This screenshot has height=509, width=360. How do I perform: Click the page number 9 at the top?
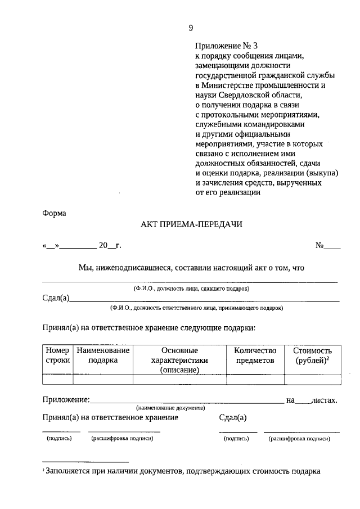[191, 28]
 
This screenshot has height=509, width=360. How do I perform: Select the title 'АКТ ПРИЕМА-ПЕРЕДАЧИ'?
[191, 224]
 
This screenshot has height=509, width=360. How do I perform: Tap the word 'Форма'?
[54, 213]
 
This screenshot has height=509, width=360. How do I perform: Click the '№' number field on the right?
[327, 245]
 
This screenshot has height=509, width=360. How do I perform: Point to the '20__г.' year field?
[110, 245]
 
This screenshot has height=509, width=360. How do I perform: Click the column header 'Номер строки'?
[57, 355]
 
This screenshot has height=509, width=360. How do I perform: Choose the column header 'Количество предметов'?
[255, 355]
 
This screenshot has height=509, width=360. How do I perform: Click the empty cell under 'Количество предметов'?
[255, 379]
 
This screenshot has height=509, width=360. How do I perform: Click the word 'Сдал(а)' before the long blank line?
[56, 298]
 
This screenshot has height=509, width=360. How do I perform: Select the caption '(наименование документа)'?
[170, 408]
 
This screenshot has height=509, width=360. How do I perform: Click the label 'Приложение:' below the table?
[66, 400]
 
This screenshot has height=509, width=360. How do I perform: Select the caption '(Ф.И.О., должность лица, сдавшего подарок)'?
[191, 288]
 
